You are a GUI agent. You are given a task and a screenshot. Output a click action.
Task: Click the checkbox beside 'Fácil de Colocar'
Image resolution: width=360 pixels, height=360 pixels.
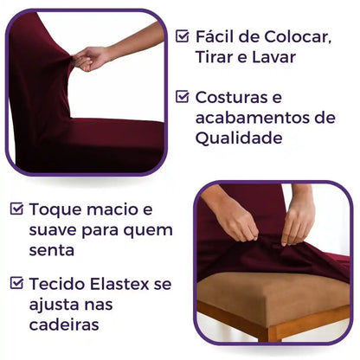pyautogui.click(x=183, y=36)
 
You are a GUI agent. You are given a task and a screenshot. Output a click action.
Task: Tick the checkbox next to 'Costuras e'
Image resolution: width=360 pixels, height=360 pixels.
pyautogui.click(x=183, y=97)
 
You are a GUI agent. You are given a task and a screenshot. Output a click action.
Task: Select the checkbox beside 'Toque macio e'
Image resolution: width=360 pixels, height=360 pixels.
pyautogui.click(x=16, y=209)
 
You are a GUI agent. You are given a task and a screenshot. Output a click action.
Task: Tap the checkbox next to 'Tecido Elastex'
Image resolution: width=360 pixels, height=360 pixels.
pyautogui.click(x=16, y=282)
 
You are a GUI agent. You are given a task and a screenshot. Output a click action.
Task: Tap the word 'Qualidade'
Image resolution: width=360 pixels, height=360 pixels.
pyautogui.click(x=238, y=138)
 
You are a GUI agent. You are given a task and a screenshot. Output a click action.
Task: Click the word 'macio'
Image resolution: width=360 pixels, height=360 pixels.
pyautogui.click(x=112, y=209)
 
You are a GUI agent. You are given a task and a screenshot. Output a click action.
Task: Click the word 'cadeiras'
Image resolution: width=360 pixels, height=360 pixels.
pyautogui.click(x=63, y=325)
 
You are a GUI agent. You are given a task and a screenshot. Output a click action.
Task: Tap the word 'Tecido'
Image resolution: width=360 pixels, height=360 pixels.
pyautogui.click(x=57, y=283)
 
